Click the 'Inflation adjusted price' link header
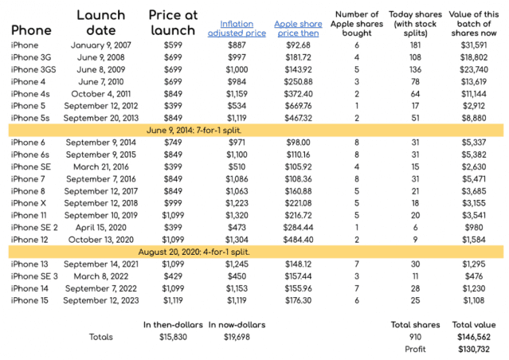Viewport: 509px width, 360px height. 237,29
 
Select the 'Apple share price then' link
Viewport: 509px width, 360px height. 298,29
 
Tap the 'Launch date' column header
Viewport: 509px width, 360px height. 101,23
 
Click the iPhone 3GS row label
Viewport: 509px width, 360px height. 33,70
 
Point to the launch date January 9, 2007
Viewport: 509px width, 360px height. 101,45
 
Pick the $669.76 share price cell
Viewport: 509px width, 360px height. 298,106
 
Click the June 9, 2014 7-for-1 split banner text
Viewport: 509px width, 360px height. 194,131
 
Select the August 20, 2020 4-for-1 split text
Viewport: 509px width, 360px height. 194,252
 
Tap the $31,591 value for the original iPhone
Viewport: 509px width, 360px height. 474,45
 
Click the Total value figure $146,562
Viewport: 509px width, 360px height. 474,337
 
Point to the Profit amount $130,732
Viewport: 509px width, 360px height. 474,350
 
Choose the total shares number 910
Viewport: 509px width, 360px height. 415,337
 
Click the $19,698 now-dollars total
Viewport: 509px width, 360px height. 237,337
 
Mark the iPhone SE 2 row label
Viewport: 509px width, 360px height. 34,228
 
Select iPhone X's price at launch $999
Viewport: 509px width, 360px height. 173,203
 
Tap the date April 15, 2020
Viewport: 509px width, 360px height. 101,228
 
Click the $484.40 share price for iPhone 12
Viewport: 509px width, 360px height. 298,240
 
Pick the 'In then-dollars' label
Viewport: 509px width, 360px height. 173,325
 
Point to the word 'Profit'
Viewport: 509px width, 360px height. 415,350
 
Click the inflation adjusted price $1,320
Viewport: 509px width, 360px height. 237,216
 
